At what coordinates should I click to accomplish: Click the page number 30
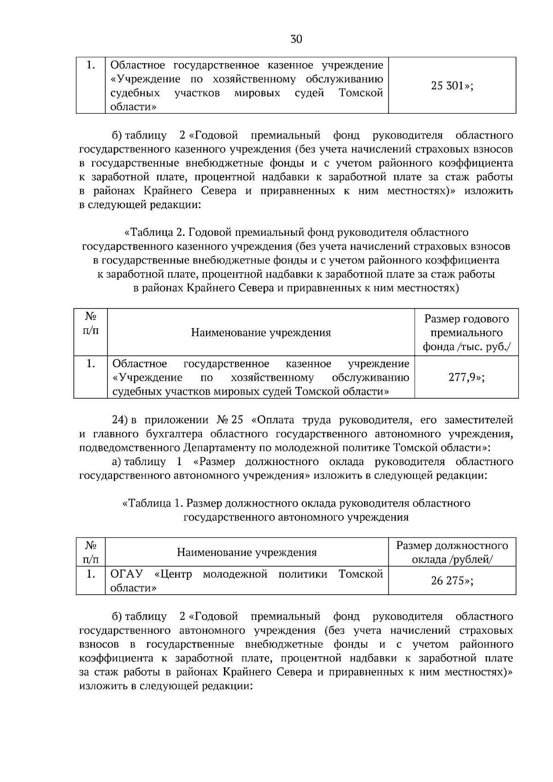coord(296,39)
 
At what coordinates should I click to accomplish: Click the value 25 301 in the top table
coord(452,86)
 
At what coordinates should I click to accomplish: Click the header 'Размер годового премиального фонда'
coord(466,333)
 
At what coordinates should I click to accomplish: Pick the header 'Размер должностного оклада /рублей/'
coord(452,552)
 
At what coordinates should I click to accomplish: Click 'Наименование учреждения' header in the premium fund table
coord(261,333)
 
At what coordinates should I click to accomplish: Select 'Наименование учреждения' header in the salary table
coord(247,552)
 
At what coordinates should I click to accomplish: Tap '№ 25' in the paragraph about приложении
coord(229,420)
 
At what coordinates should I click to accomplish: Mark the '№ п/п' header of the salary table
coord(90,552)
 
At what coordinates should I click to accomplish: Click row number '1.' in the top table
coord(91,66)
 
